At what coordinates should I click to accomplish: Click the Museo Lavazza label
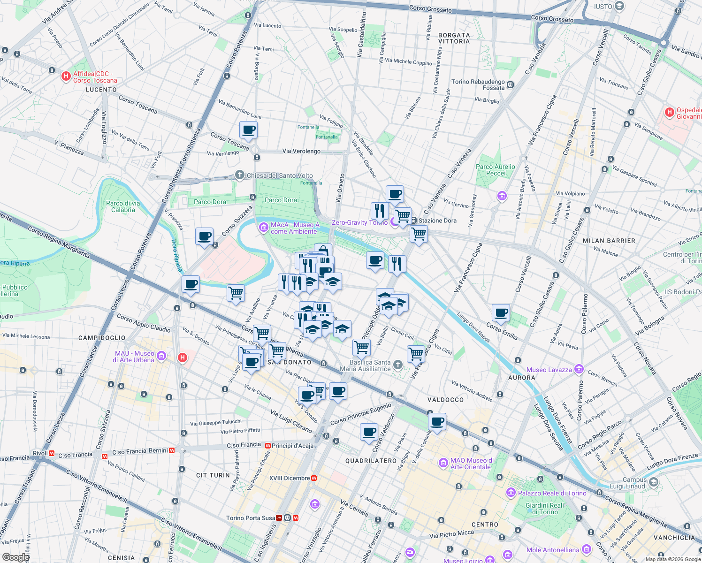pyautogui.click(x=549, y=370)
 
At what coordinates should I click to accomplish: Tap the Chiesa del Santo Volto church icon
pyautogui.click(x=240, y=175)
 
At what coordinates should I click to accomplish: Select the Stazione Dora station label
pyautogui.click(x=437, y=221)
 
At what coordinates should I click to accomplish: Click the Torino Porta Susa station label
pyautogui.click(x=251, y=518)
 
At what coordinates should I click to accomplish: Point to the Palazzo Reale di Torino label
pyautogui.click(x=552, y=493)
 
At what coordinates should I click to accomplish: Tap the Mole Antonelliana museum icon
pyautogui.click(x=586, y=549)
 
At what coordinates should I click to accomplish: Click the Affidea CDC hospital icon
pyautogui.click(x=66, y=76)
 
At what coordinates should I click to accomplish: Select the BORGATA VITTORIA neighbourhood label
pyautogui.click(x=454, y=38)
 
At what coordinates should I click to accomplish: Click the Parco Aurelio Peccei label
pyautogui.click(x=495, y=170)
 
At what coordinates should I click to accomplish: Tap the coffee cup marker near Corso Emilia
pyautogui.click(x=501, y=313)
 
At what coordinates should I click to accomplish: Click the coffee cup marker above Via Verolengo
pyautogui.click(x=248, y=130)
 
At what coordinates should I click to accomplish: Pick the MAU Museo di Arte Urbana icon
pyautogui.click(x=162, y=356)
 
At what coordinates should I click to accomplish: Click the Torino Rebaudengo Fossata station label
pyautogui.click(x=478, y=84)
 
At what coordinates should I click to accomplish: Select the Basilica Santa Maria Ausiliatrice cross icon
pyautogui.click(x=397, y=365)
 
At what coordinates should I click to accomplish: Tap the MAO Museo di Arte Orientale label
pyautogui.click(x=472, y=464)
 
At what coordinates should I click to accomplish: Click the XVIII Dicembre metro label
pyautogui.click(x=290, y=478)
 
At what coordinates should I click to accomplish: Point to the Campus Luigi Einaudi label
pyautogui.click(x=634, y=483)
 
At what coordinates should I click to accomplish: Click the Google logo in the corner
pyautogui.click(x=15, y=557)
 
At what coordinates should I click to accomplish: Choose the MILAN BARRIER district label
pyautogui.click(x=609, y=241)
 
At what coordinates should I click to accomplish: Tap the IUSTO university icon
pyautogui.click(x=619, y=6)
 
